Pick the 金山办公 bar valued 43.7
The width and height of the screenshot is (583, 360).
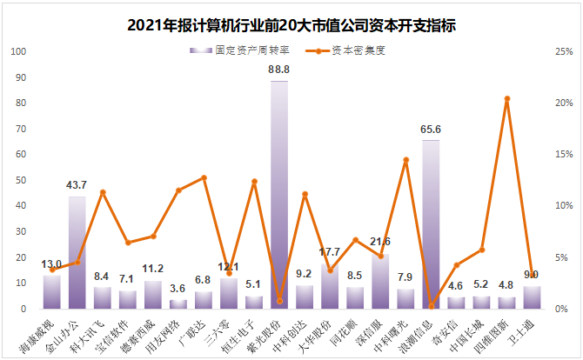pyautogui.click(x=77, y=252)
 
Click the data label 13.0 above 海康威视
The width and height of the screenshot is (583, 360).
pyautogui.click(x=51, y=263)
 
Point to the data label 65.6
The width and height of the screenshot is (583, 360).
pyautogui.click(x=431, y=130)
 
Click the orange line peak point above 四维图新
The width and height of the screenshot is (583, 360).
pyautogui.click(x=507, y=99)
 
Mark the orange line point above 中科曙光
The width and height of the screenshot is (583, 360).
pyautogui.click(x=405, y=160)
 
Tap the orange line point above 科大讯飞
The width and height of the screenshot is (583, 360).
pyautogui.click(x=103, y=192)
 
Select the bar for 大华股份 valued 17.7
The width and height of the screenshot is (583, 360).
pyautogui.click(x=330, y=286)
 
